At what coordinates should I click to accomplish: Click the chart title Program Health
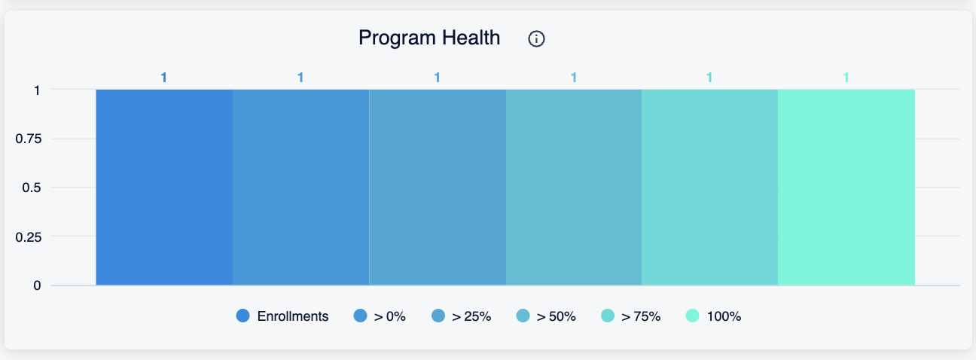pyautogui.click(x=429, y=38)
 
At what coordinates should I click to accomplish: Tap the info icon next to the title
pyautogui.click(x=536, y=39)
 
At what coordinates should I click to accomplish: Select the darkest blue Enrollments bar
pyautogui.click(x=164, y=188)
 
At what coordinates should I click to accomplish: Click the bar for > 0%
pyautogui.click(x=300, y=188)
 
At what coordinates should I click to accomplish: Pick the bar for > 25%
pyautogui.click(x=438, y=188)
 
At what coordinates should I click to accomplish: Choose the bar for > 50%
pyautogui.click(x=573, y=188)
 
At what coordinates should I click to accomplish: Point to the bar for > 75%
pyautogui.click(x=709, y=188)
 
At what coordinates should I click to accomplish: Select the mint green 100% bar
pyautogui.click(x=846, y=188)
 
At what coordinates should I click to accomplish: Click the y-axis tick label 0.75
pyautogui.click(x=29, y=139)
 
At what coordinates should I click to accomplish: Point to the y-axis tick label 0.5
pyautogui.click(x=32, y=188)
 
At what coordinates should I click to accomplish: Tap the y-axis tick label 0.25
pyautogui.click(x=29, y=237)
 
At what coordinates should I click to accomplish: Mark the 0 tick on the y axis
pyautogui.click(x=37, y=285)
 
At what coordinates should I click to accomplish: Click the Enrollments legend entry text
pyautogui.click(x=293, y=316)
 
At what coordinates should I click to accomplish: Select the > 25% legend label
pyautogui.click(x=471, y=316)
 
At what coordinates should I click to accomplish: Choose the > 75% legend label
pyautogui.click(x=641, y=316)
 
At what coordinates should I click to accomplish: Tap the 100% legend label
pyautogui.click(x=724, y=316)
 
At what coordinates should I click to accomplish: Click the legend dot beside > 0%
pyautogui.click(x=360, y=316)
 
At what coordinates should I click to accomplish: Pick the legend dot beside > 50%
pyautogui.click(x=523, y=316)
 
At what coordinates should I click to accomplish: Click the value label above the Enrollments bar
pyautogui.click(x=164, y=78)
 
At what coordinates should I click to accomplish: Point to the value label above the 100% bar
pyautogui.click(x=846, y=78)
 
